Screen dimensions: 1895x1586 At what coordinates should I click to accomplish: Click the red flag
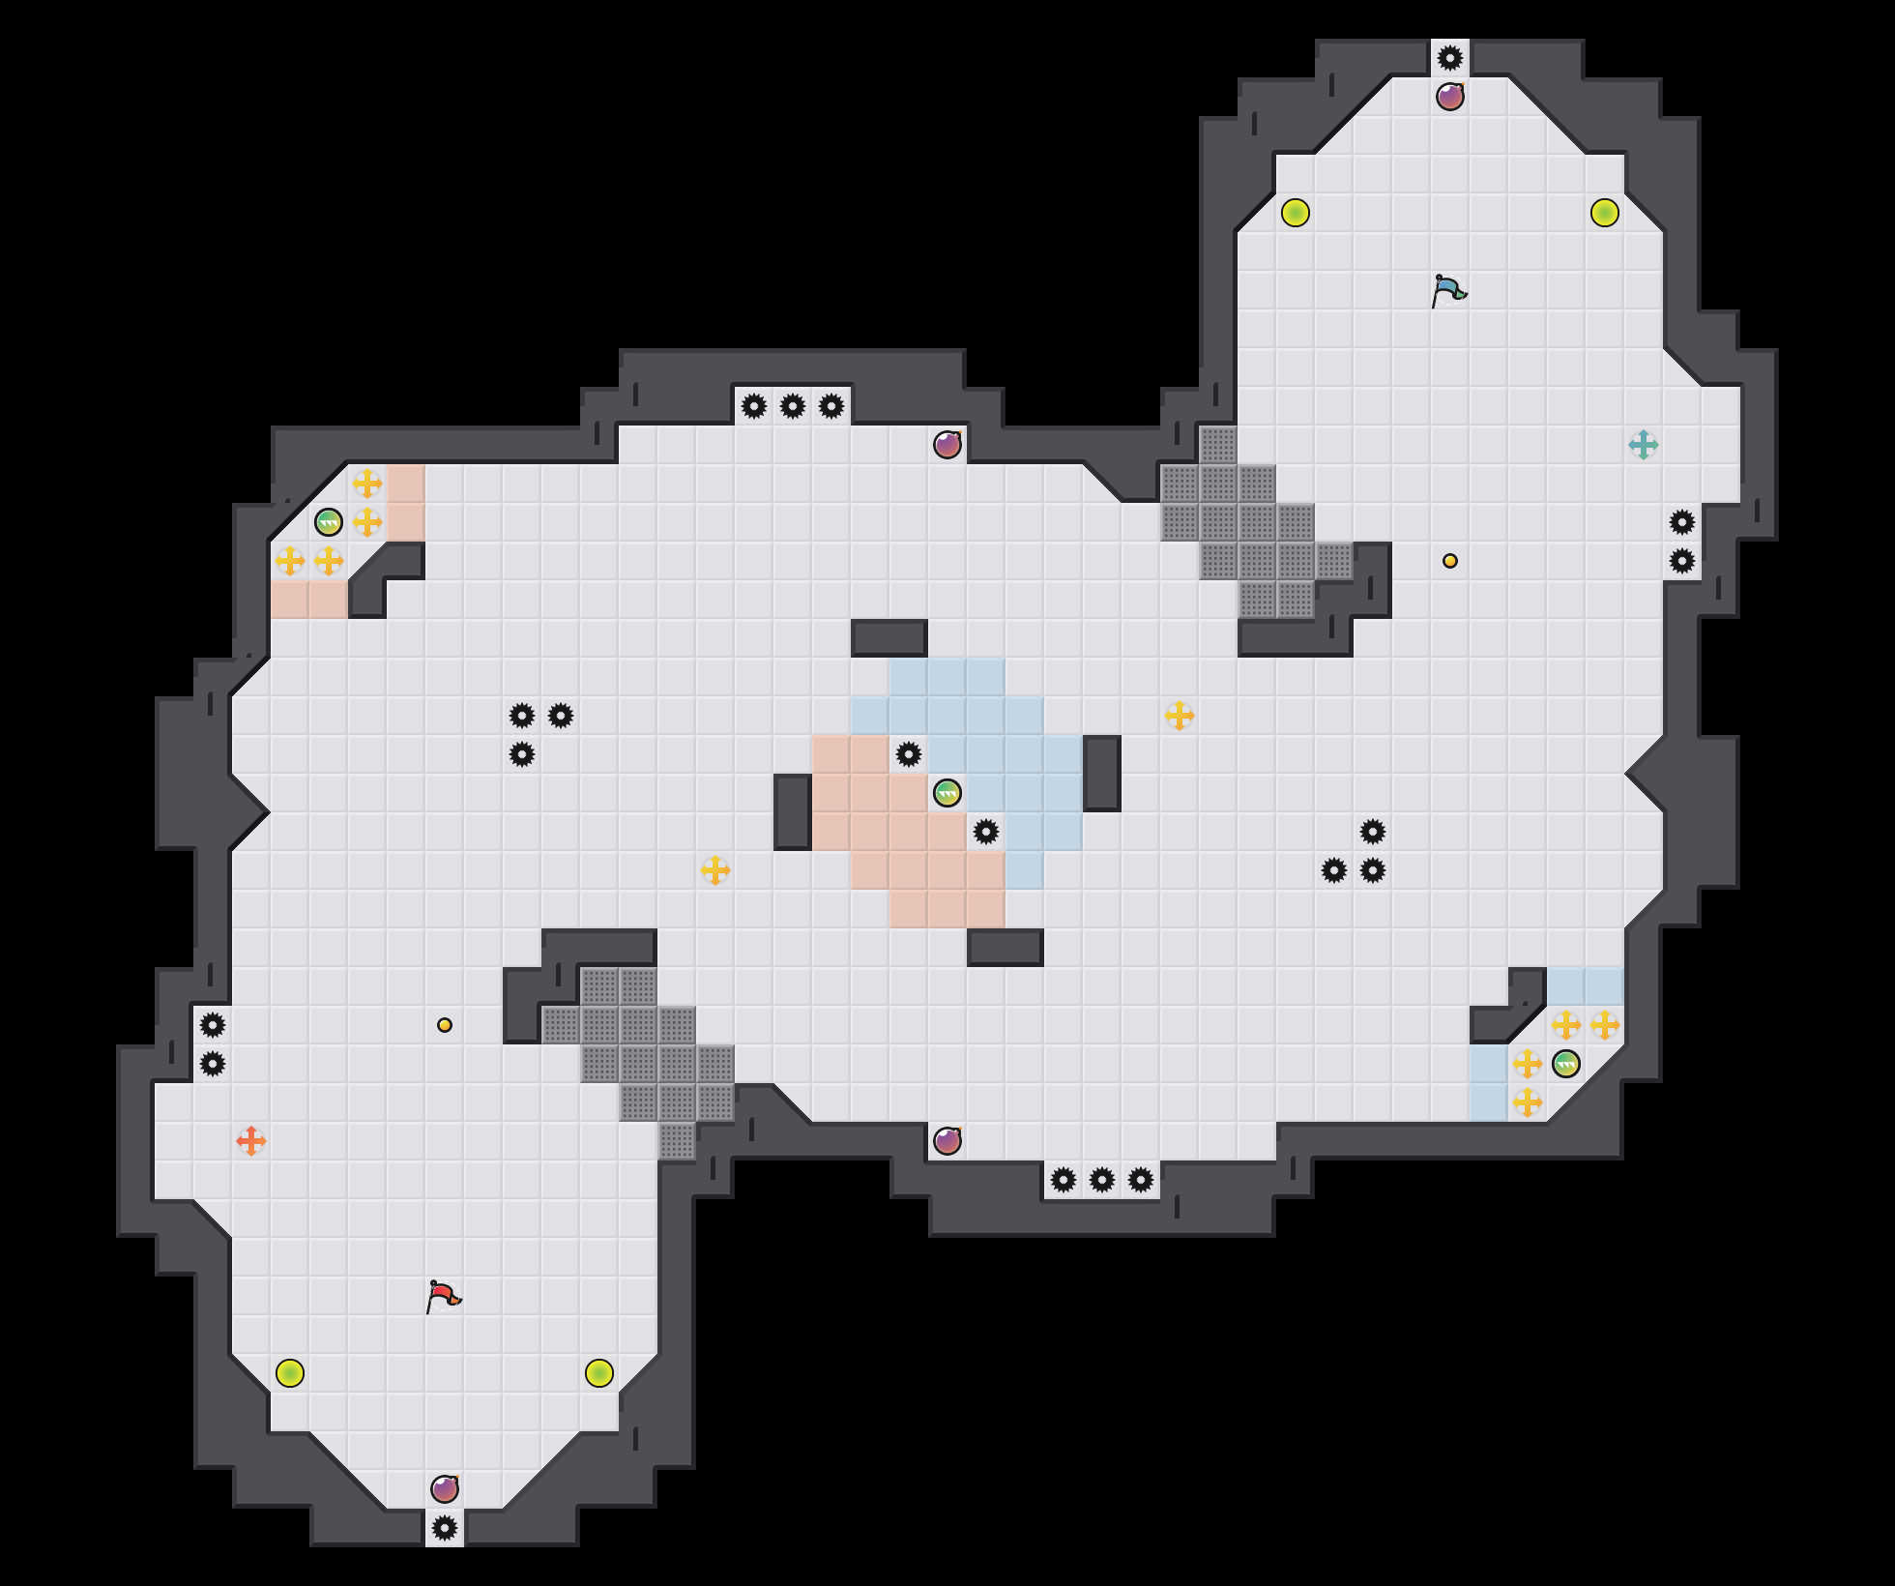point(444,1296)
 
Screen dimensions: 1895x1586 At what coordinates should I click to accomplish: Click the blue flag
point(1449,290)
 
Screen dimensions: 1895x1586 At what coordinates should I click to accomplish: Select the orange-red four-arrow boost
point(251,1141)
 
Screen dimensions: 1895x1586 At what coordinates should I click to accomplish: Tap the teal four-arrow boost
point(1644,445)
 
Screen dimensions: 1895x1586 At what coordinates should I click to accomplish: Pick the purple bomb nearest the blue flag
point(1450,97)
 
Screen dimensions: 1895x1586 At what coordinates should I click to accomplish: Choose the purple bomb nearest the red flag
point(445,1489)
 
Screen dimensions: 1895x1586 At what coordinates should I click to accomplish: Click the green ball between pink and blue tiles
point(947,793)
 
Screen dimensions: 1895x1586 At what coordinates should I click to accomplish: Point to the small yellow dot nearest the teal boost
point(1450,561)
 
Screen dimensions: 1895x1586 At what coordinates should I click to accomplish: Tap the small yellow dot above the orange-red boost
point(445,1025)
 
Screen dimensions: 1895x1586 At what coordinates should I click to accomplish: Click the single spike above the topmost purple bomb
point(1450,58)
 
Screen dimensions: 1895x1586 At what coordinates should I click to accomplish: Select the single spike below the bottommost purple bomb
point(445,1528)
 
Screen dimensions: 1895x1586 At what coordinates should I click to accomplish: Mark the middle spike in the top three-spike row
point(793,406)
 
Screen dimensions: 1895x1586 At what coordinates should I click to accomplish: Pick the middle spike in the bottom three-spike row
point(1102,1180)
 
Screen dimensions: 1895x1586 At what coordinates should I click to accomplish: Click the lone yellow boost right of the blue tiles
point(1180,716)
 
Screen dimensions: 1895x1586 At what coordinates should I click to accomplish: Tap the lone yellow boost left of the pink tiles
point(715,870)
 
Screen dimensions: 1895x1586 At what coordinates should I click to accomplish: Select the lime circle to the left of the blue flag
point(1296,213)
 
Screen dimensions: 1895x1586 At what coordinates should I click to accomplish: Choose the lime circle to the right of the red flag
point(599,1373)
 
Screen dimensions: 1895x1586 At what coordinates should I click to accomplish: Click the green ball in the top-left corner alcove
point(329,522)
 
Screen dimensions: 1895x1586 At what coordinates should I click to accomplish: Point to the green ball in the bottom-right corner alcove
point(1566,1064)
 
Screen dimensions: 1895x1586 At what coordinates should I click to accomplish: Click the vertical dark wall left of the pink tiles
point(793,812)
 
